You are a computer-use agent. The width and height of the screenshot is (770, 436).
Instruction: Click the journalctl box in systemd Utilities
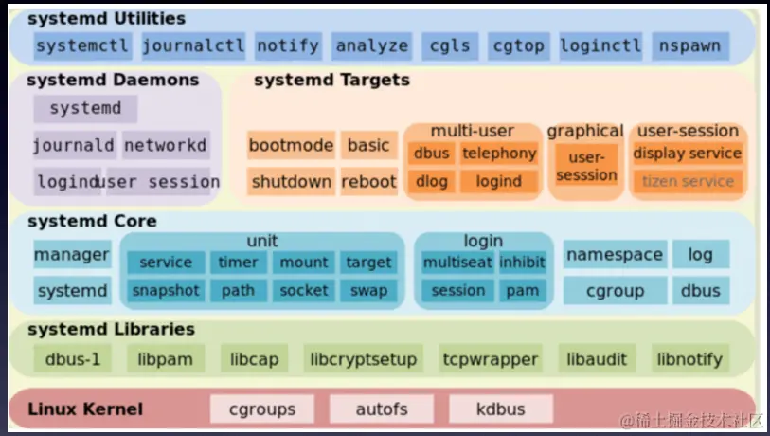193,45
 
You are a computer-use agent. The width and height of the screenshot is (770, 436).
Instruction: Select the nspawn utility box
689,45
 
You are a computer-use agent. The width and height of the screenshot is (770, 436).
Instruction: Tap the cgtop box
518,45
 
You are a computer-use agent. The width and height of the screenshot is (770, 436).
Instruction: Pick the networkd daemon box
165,145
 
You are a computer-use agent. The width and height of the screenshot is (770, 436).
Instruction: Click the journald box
73,145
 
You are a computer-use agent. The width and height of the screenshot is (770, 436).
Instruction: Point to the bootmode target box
291,145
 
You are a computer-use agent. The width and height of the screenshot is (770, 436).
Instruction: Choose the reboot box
368,181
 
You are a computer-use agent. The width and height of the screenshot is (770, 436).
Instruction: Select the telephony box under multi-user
499,154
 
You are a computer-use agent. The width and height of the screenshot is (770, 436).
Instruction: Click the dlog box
431,181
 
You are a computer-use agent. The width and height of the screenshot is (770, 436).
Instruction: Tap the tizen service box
688,181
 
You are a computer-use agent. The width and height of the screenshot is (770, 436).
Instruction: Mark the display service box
688,154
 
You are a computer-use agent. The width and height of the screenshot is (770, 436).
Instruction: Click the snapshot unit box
165,291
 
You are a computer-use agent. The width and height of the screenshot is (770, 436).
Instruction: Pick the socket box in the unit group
304,291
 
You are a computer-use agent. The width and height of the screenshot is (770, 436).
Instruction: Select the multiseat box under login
457,263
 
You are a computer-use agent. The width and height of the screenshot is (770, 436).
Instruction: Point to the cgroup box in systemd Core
615,291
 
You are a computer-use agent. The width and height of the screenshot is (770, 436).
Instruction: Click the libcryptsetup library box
363,359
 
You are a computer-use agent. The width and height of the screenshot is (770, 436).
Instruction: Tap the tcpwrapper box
491,359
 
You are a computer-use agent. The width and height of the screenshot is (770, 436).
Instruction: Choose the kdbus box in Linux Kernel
501,409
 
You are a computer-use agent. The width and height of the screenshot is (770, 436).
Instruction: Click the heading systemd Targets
331,81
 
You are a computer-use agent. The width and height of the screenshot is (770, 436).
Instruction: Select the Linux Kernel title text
85,409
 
